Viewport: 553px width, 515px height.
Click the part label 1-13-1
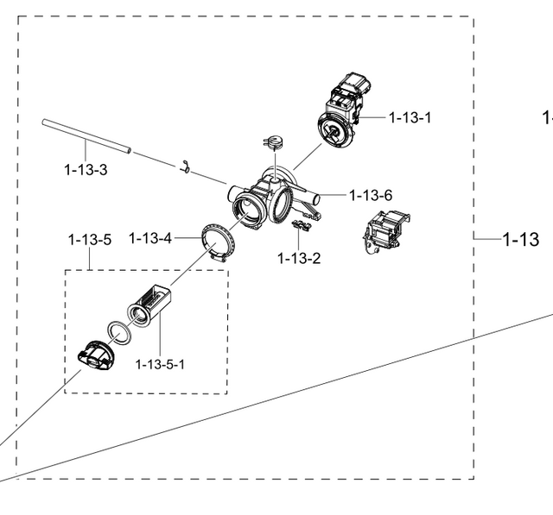410,117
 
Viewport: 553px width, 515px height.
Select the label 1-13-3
86,169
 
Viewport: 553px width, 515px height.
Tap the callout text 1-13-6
371,196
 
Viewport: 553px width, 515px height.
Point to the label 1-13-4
150,238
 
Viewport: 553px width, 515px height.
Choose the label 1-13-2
299,258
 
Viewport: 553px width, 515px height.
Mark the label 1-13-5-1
160,364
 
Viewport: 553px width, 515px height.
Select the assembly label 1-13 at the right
521,239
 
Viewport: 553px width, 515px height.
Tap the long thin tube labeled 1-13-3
86,137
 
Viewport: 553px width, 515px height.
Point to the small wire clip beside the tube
184,166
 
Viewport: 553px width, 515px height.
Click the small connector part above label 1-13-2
302,226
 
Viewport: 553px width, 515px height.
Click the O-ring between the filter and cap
120,331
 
